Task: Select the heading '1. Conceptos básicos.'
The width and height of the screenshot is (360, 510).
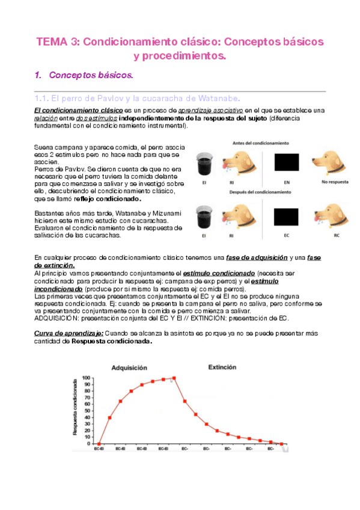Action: (x=90, y=76)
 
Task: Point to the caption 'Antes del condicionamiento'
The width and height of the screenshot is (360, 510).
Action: (x=262, y=143)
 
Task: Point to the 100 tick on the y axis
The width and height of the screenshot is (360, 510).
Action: (x=86, y=378)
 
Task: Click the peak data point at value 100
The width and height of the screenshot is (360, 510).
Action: (x=174, y=378)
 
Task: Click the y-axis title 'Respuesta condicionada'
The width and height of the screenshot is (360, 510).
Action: (x=75, y=407)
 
